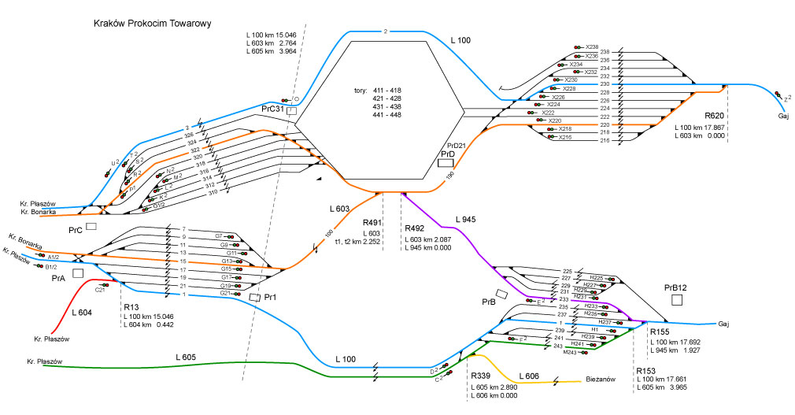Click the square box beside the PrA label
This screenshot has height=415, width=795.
[x=78, y=273]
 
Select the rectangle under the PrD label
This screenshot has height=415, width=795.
[x=445, y=163]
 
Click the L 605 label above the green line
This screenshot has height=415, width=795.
[x=187, y=357]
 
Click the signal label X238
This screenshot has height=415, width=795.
[x=592, y=47]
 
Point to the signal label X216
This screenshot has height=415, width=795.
[x=565, y=137]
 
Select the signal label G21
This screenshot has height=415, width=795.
[x=225, y=294]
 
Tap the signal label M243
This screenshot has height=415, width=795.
[x=571, y=351]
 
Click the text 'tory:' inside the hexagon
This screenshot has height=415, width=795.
[x=364, y=90]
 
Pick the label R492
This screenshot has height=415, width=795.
[x=414, y=228]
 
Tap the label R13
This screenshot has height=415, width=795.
[x=131, y=308]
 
